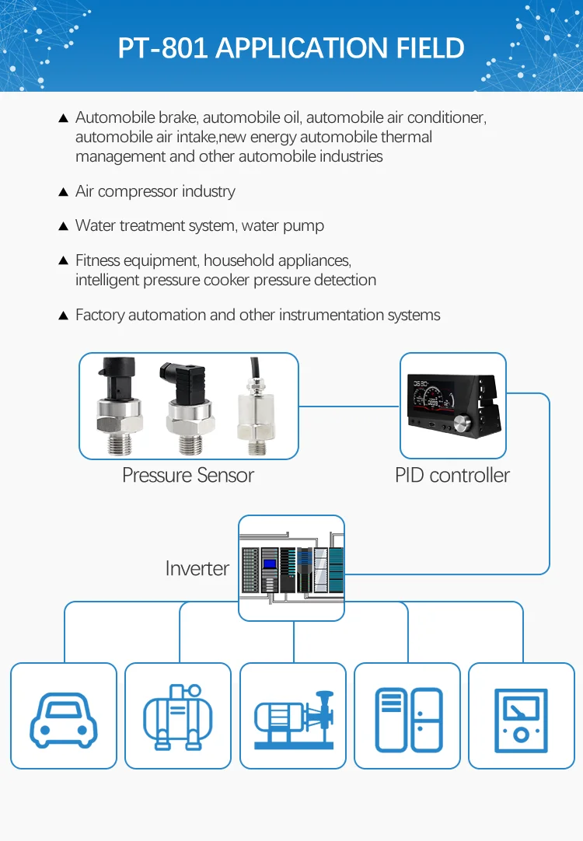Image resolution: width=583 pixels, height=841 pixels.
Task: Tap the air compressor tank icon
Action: coord(178,716)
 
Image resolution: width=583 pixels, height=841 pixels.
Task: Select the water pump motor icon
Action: coord(292,716)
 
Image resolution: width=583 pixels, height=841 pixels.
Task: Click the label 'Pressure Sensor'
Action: coord(188,476)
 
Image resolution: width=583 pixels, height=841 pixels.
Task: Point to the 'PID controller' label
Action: coord(452,476)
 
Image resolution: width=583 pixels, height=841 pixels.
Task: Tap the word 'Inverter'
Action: coord(197,568)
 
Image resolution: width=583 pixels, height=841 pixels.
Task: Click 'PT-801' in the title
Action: coord(162,48)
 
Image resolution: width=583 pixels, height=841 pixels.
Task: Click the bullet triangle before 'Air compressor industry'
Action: coord(64,192)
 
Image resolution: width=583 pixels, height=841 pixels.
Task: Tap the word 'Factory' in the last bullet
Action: coord(99,315)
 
